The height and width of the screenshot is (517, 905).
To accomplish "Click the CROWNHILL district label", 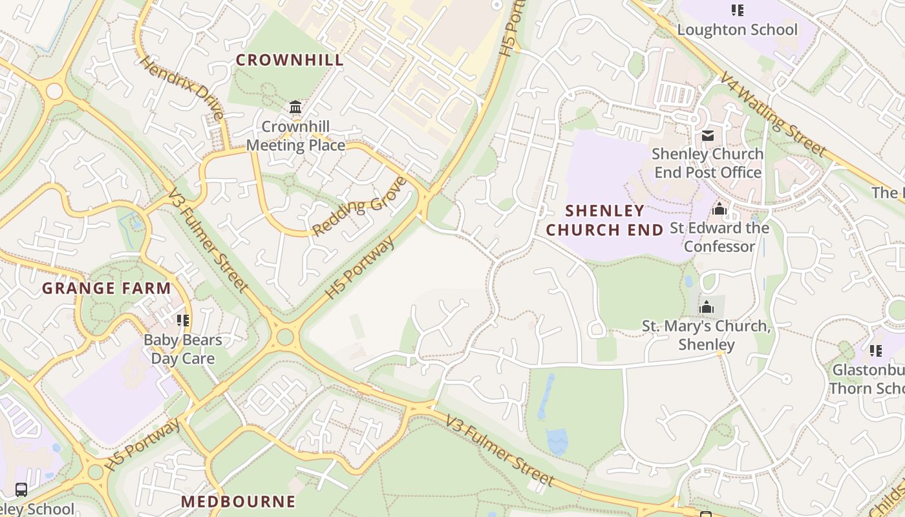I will click(x=289, y=60).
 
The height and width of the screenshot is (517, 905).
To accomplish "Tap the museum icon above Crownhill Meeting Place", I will click(x=295, y=107).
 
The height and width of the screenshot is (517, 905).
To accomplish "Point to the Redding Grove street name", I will click(x=359, y=206).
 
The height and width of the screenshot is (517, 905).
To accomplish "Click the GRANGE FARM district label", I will click(x=107, y=288).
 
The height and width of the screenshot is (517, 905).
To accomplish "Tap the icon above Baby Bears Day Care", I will click(x=183, y=320).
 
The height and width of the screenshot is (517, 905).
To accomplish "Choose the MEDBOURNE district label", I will click(x=238, y=501).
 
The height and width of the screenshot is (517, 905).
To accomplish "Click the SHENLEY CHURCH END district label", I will click(x=605, y=220).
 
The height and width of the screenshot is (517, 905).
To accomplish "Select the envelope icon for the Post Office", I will click(x=707, y=136).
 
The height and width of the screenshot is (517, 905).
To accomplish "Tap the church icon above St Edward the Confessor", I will click(x=719, y=209).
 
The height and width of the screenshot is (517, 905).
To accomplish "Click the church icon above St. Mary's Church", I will click(x=707, y=307).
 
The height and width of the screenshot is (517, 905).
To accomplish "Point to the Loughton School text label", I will click(x=737, y=30).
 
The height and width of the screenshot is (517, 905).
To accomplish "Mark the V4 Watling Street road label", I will click(x=773, y=114).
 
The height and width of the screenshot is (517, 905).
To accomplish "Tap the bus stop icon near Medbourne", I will click(x=21, y=489).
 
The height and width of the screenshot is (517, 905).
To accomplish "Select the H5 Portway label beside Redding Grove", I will click(x=359, y=268).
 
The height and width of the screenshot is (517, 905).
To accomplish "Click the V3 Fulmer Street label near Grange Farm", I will click(x=208, y=240).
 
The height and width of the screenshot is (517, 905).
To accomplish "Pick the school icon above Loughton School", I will click(x=737, y=10).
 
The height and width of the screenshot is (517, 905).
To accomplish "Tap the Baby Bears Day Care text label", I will click(x=182, y=349).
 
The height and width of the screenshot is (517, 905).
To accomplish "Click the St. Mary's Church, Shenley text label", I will click(x=706, y=335).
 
